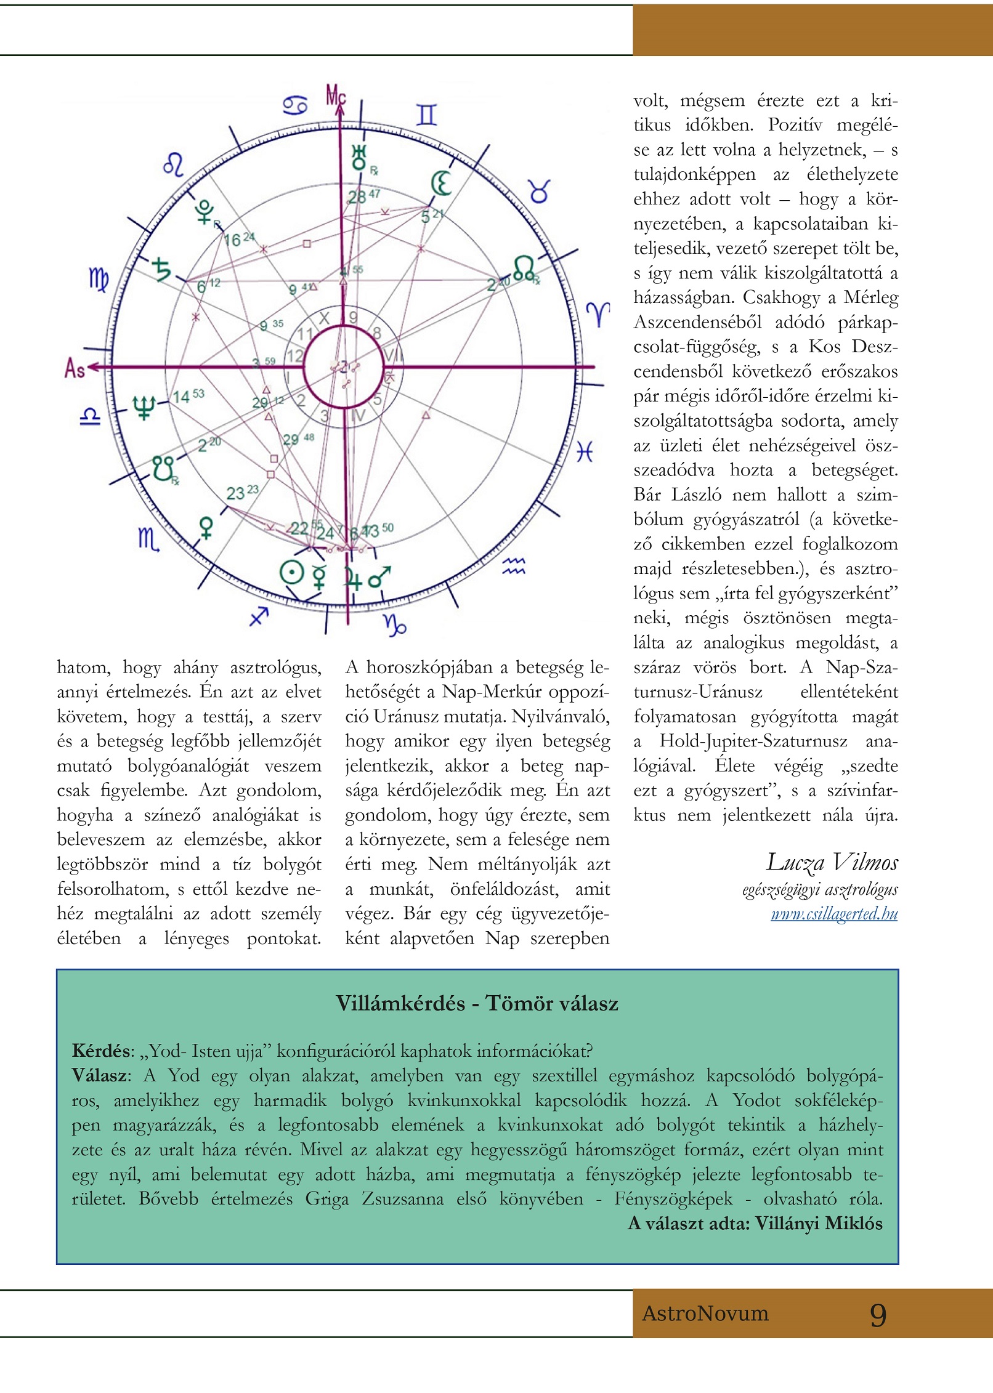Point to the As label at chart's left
[75, 368]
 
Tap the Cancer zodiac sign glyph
[295, 105]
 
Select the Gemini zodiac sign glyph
[426, 115]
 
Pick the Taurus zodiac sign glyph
[539, 192]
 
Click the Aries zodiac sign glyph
[598, 314]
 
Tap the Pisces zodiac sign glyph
[584, 453]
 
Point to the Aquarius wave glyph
[513, 566]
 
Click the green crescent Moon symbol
[441, 183]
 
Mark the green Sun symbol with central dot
[292, 573]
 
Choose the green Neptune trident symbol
[144, 406]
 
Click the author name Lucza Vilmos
[832, 862]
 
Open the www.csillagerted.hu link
[834, 913]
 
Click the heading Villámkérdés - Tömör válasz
[477, 1003]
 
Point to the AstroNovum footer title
[705, 1314]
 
